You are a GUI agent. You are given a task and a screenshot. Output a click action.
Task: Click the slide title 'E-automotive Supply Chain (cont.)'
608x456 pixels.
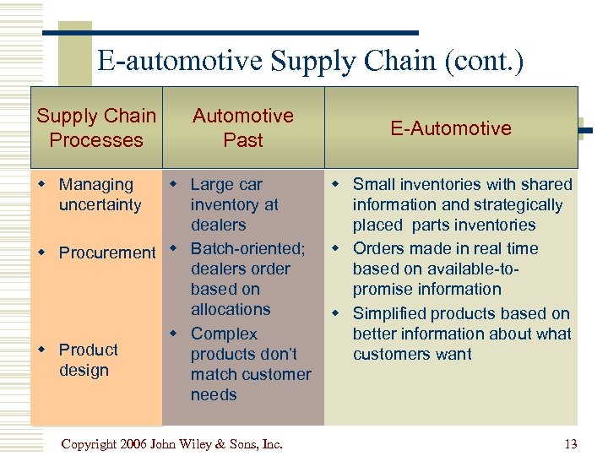(x=310, y=61)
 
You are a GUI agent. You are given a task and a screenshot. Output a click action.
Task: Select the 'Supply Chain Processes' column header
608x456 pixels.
(x=96, y=128)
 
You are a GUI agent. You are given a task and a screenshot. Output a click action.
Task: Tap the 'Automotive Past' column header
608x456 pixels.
(x=243, y=128)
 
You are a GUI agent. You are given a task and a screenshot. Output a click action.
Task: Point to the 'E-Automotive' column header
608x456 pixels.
(x=451, y=128)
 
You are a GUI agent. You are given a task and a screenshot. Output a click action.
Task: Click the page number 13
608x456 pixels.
(x=570, y=444)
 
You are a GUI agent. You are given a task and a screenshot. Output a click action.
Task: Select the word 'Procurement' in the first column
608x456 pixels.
(x=107, y=252)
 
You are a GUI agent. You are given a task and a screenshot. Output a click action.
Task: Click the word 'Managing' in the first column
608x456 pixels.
(x=96, y=184)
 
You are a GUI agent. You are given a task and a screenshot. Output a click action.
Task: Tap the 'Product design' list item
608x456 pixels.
(x=88, y=360)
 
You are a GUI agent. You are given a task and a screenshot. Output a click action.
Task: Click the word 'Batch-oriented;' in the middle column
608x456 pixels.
(x=247, y=248)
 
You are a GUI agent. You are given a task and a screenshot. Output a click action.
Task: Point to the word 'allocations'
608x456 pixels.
(x=231, y=309)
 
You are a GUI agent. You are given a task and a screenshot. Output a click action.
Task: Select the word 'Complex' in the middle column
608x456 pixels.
(x=224, y=334)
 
